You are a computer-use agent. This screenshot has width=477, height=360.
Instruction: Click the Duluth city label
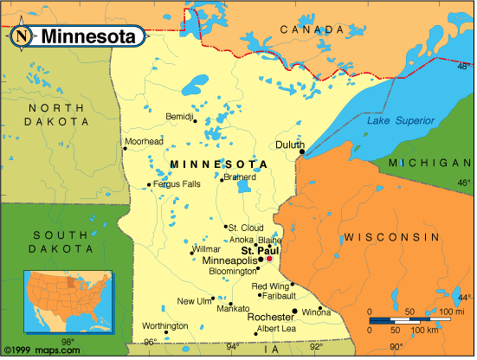pyautogui.click(x=289, y=145)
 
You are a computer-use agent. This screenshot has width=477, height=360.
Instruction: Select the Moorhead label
pyautogui.click(x=144, y=140)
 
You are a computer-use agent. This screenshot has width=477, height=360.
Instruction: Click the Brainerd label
pyautogui.click(x=240, y=177)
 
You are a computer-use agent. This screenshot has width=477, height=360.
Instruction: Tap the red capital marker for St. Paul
pyautogui.click(x=268, y=259)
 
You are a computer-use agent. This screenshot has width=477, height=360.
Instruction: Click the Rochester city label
pyautogui.click(x=270, y=317)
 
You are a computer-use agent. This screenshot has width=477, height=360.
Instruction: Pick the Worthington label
pyautogui.click(x=164, y=325)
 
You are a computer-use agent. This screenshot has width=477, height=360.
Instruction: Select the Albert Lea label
pyautogui.click(x=276, y=329)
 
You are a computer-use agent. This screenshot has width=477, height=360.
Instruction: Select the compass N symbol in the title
pyautogui.click(x=23, y=36)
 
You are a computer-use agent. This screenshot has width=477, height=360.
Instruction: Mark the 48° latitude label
pyautogui.click(x=463, y=66)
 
